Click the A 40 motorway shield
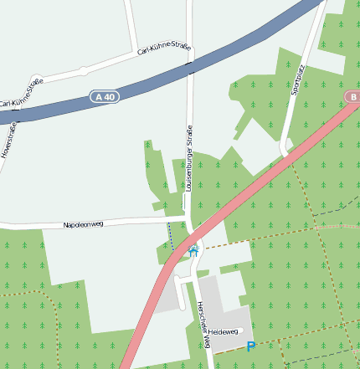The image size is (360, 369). pos(105,98)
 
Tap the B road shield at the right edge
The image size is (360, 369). pos(352,97)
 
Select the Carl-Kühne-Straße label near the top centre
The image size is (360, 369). pos(164,49)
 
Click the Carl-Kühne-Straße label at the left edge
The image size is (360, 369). pos(22,93)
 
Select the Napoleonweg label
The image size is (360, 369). pos(83,224)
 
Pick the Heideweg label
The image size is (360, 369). pos(224,333)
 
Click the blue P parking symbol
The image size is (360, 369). pos(250,346)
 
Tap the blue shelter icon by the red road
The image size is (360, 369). pos(193,250)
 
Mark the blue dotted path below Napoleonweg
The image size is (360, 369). pos(171,236)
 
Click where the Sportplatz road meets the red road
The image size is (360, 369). pos(286,154)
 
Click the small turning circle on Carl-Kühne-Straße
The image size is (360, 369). pos(83,71)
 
